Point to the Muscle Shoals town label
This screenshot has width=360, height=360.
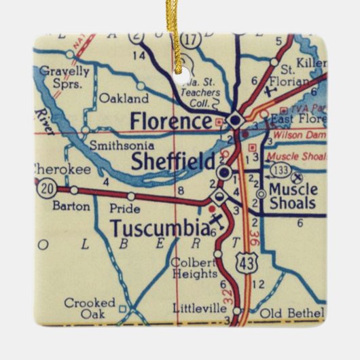coord(292,196)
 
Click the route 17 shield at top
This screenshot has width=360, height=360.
coord(193,40)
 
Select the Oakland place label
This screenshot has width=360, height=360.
coord(124,98)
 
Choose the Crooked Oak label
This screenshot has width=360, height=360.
coord(90,308)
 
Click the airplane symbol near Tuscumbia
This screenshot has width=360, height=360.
coord(217,221)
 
